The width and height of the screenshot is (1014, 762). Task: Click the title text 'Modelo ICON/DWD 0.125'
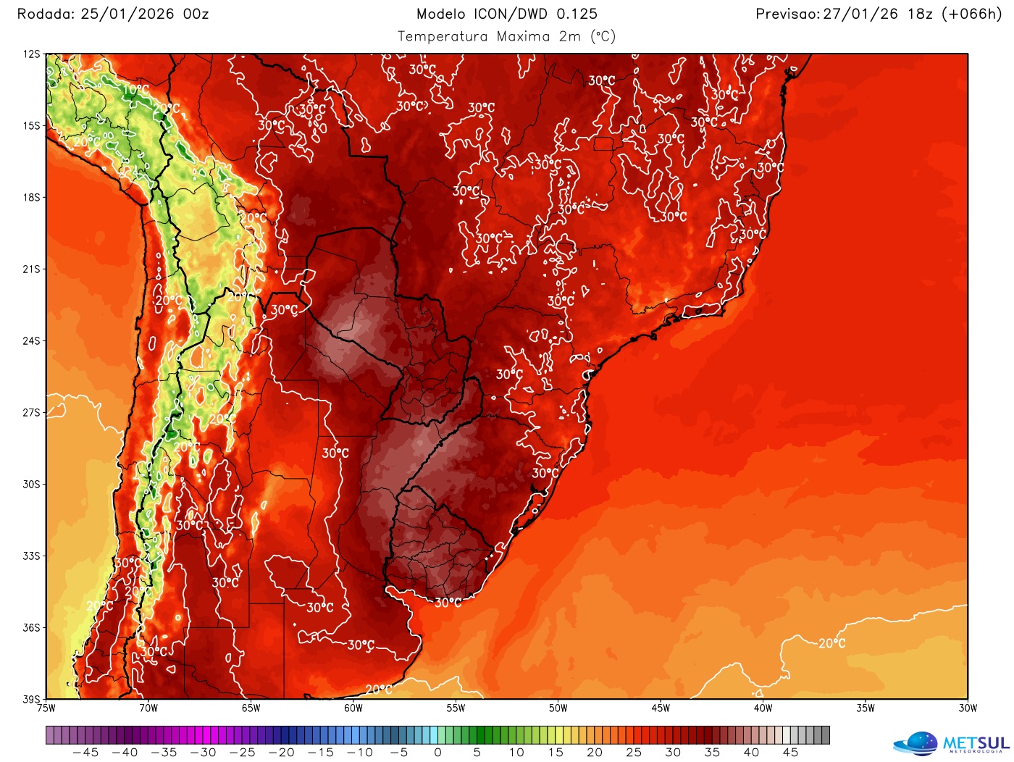[507, 14]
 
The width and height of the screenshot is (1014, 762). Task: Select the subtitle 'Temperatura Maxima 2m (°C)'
[507, 36]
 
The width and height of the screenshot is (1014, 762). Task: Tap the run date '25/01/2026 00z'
[145, 14]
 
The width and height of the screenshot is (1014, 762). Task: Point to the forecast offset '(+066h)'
[971, 14]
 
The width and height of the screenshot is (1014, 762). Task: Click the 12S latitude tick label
[32, 54]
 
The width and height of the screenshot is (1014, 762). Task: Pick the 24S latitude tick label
[32, 340]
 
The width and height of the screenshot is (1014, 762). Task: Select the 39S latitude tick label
[32, 699]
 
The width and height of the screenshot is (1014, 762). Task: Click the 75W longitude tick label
[46, 708]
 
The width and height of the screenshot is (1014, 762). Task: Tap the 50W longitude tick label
[558, 708]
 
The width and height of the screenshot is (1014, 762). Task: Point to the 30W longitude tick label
[968, 708]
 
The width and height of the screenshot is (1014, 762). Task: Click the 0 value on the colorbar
[438, 753]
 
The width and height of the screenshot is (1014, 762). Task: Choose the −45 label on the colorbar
[85, 753]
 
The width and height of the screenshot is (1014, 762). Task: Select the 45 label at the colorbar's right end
[791, 753]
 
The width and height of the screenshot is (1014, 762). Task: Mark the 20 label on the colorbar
[595, 753]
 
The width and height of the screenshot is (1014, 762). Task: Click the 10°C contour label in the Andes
[135, 90]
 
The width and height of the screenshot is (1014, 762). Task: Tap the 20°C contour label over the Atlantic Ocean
[831, 643]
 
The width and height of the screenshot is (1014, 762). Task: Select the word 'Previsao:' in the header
[787, 14]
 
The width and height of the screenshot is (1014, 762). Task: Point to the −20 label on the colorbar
[281, 753]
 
